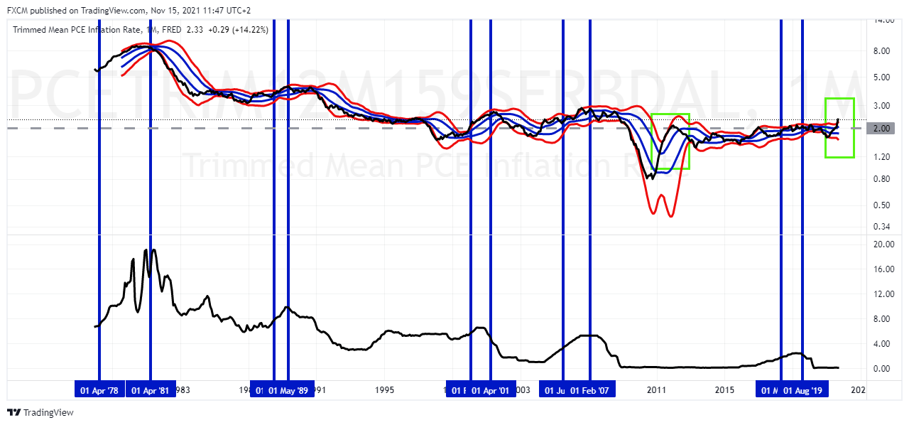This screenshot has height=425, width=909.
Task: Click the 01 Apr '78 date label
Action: (99, 390)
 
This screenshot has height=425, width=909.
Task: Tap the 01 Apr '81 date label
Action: (151, 390)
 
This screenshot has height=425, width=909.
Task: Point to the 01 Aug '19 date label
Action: (802, 390)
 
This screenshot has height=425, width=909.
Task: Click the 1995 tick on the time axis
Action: (385, 390)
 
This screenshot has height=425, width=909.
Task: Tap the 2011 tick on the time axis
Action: (655, 390)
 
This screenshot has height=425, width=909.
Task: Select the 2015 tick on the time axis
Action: (724, 390)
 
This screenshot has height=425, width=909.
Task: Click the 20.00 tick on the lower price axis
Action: (883, 244)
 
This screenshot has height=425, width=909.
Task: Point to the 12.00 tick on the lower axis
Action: (883, 294)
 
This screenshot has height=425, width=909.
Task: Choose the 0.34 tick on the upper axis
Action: (883, 227)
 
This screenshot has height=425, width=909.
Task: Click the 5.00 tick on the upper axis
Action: (883, 77)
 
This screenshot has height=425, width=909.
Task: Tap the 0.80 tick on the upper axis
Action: (883, 179)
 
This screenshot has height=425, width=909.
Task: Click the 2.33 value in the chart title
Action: (195, 30)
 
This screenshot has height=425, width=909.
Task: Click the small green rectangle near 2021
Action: (839, 128)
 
